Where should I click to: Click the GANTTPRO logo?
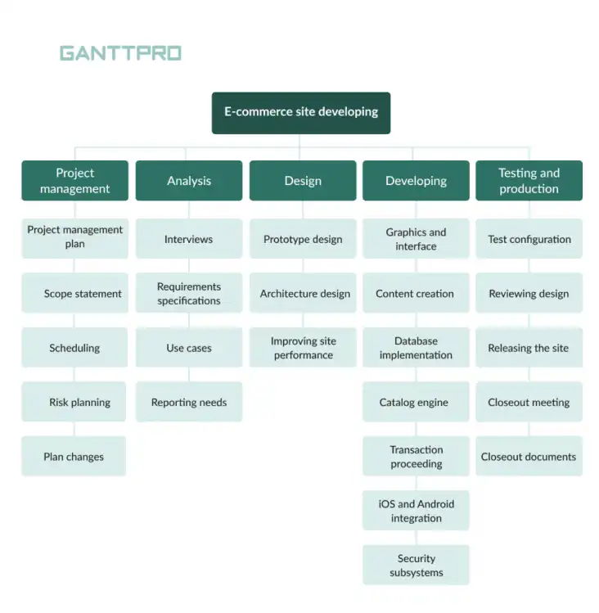120,54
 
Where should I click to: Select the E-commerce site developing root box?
301,112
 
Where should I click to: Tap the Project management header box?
74,181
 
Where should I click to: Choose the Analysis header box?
188,181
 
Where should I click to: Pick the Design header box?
302,181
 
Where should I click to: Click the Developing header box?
416,181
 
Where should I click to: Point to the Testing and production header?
529,181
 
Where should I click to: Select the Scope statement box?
74,294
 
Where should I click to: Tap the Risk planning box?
74,403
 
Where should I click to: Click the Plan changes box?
74,457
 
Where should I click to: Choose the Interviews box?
188,239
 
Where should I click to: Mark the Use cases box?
188,348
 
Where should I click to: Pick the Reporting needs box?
188,403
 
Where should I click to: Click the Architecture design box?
302,294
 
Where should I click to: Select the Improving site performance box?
302,348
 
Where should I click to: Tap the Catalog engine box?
416,403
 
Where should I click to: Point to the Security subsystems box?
416,566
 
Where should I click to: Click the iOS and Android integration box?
416,511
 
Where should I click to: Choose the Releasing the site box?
529,348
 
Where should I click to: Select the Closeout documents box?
529,457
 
